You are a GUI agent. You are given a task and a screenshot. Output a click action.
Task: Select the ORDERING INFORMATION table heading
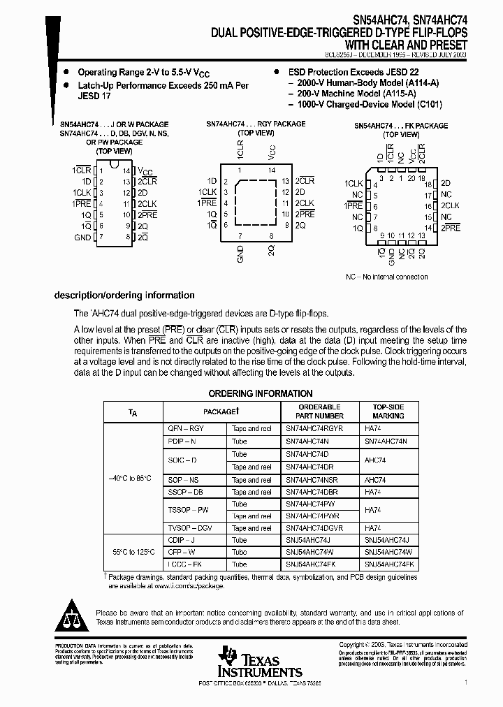coord(261,393)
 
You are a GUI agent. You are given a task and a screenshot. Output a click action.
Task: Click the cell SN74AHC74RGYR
coord(314,428)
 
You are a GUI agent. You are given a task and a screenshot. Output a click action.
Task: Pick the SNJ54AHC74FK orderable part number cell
coord(312,564)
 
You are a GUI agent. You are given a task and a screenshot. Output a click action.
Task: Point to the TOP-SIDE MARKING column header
coord(388,411)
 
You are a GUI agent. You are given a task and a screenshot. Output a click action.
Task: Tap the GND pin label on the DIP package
coord(82,238)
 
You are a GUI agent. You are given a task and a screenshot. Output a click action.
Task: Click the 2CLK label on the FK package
coord(450,206)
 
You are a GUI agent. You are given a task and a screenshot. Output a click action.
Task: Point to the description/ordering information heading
coord(124,296)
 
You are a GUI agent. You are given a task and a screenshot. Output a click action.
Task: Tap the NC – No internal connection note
coord(386,277)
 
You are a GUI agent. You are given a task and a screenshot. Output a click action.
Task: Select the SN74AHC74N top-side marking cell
coord(391,441)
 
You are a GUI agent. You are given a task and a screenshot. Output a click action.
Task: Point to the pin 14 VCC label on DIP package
coord(145,170)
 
